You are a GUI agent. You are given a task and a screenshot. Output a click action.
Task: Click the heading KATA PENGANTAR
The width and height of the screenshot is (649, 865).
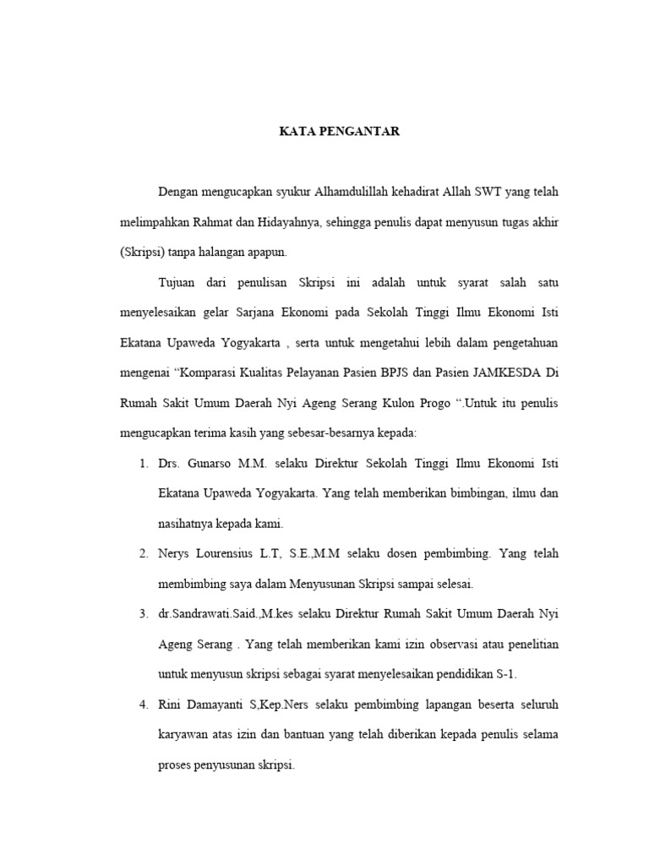[x=340, y=132]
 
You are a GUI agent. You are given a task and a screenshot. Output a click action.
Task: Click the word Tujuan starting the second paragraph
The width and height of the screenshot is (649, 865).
[x=176, y=281]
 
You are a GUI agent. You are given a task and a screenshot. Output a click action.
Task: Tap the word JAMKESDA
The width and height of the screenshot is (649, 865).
[x=510, y=371]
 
